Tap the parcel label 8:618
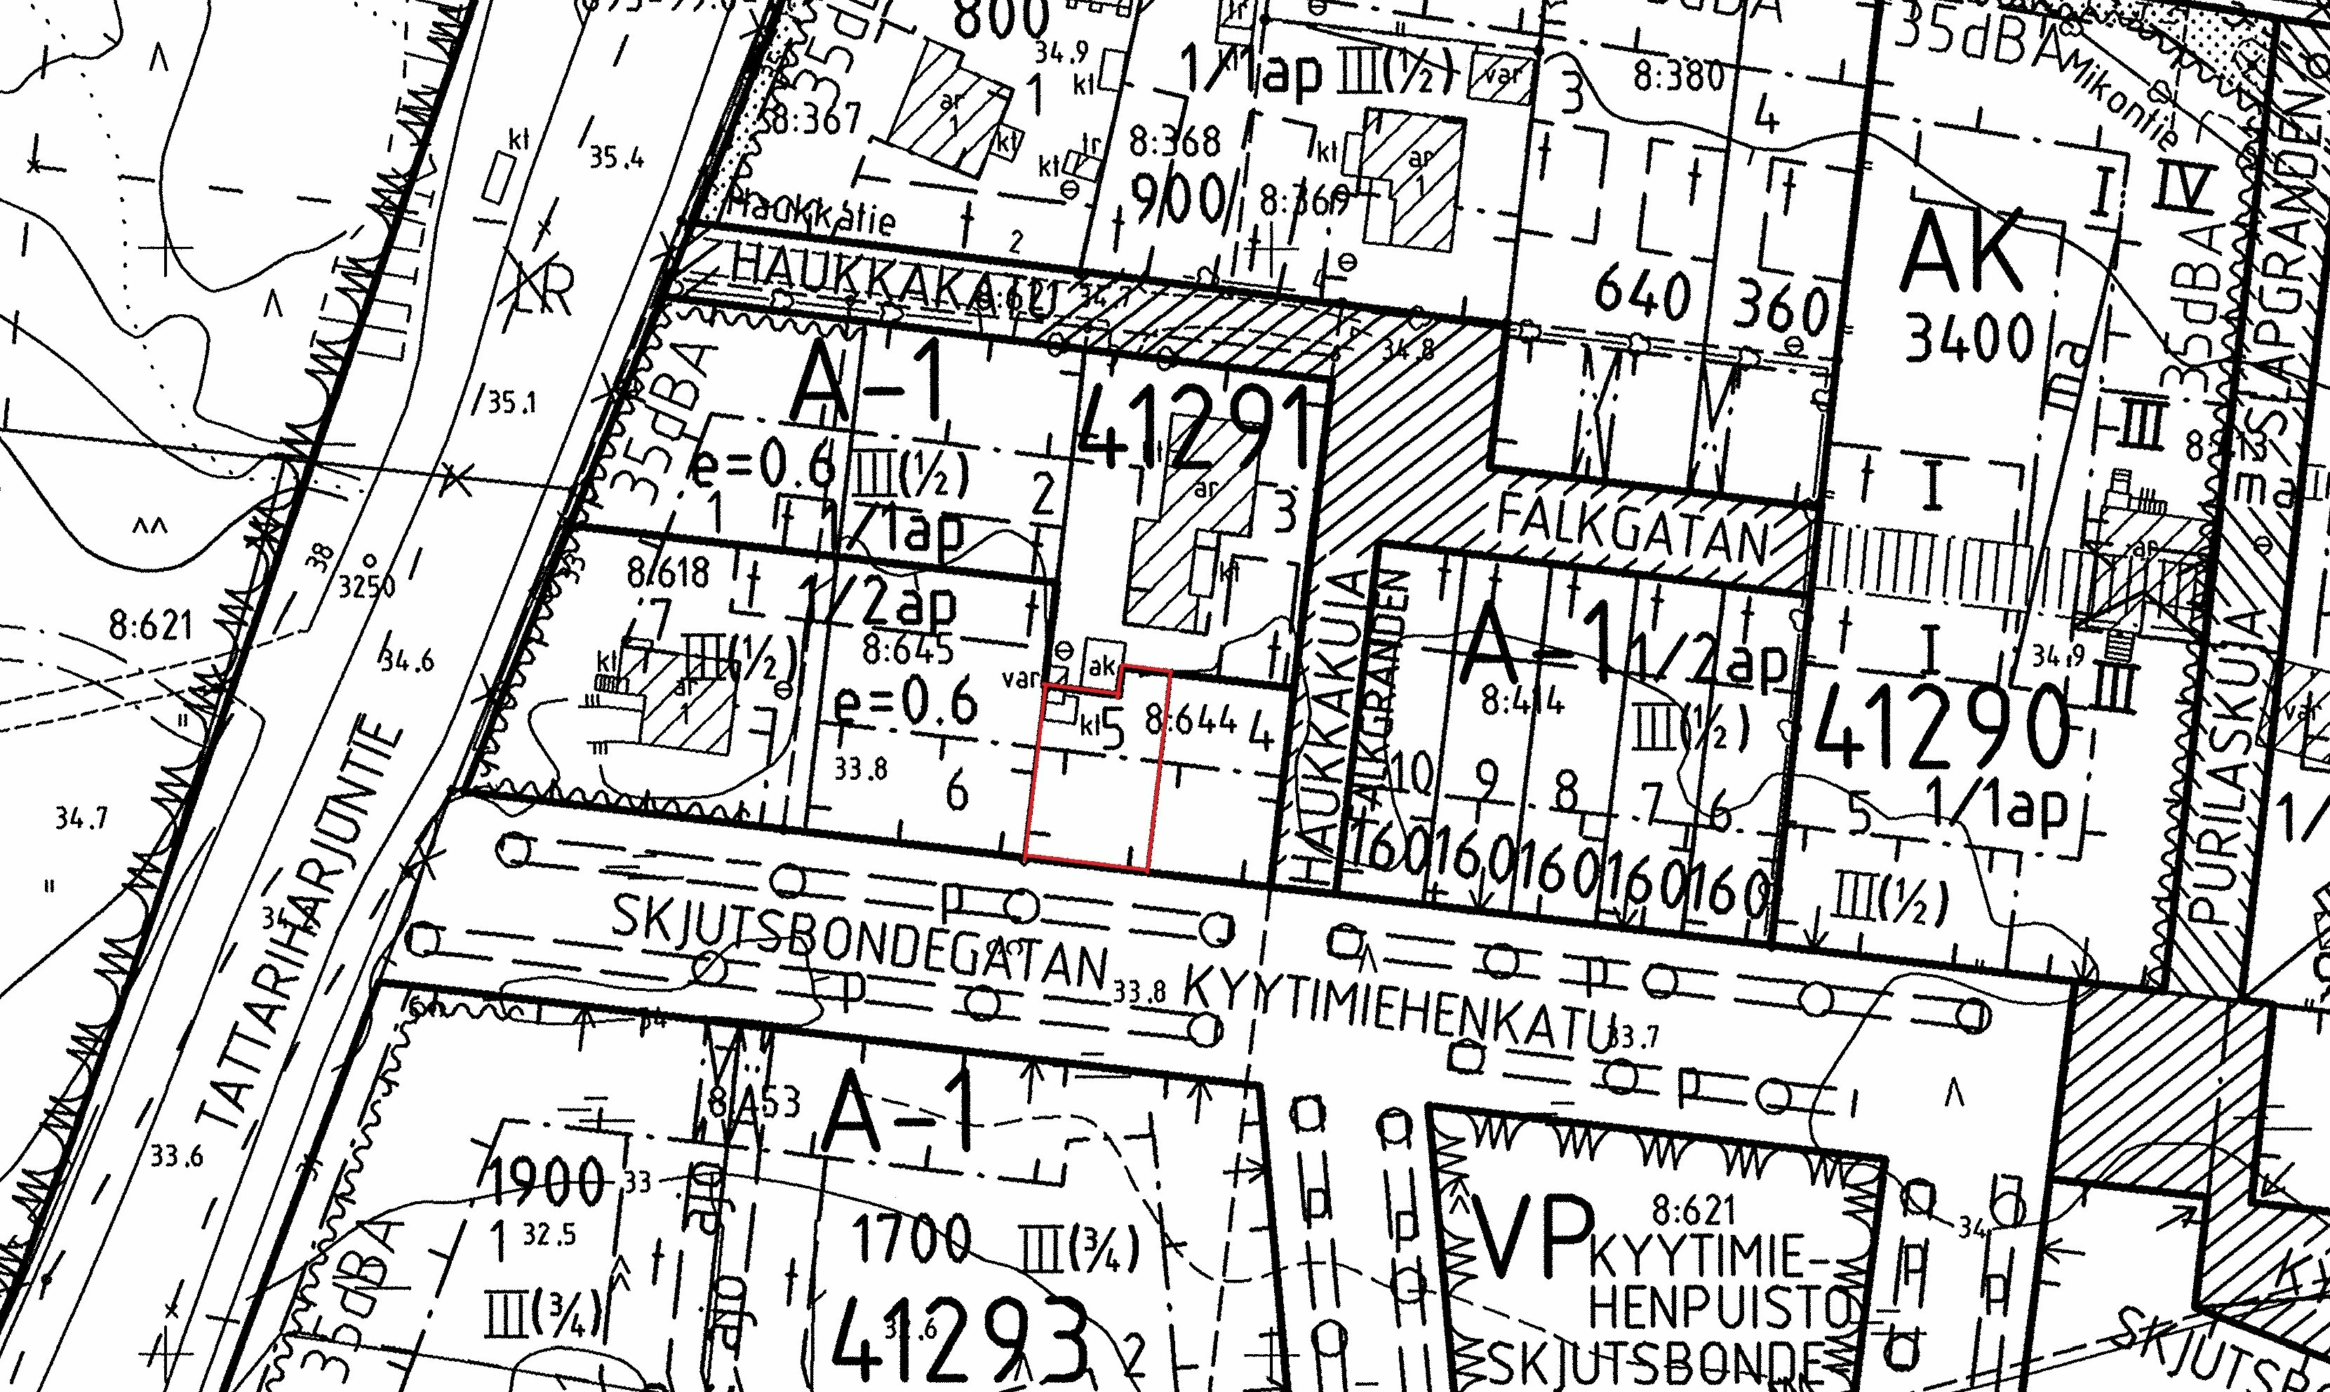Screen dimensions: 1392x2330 pyautogui.click(x=668, y=572)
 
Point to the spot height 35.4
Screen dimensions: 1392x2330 pyautogui.click(x=617, y=158)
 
